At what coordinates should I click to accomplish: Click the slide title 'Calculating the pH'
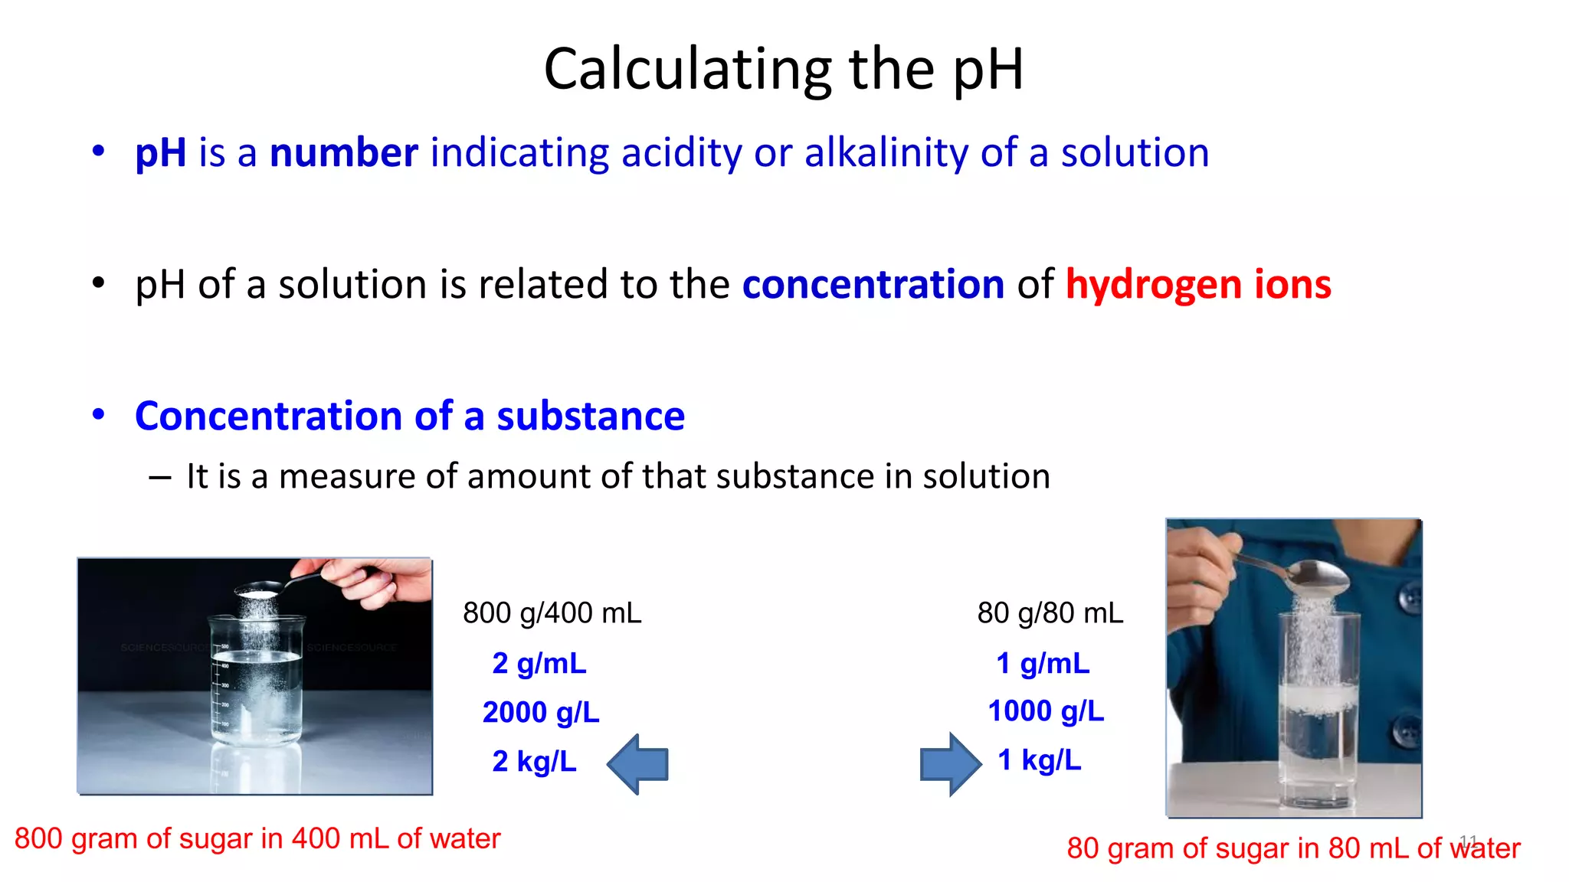coord(783,69)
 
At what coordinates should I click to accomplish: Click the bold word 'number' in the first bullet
coord(343,152)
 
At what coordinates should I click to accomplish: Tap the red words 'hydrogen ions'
coord(1198,284)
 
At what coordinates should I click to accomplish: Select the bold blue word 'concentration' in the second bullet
coord(873,284)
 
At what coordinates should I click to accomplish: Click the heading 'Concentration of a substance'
coord(409,416)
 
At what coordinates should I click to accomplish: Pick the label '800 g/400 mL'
coord(552,613)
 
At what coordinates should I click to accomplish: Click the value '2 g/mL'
coord(539,663)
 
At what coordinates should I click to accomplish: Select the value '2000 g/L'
coord(540,712)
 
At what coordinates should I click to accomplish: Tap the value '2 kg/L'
coord(534,761)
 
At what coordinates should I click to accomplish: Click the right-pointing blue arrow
coord(950,764)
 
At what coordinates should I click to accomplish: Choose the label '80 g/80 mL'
coord(1050,613)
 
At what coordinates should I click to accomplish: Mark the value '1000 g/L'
coord(1046,710)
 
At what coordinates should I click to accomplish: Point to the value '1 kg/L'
coord(1039,759)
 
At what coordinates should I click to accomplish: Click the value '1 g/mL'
coord(1042,663)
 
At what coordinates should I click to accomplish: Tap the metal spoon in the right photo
coord(1302,574)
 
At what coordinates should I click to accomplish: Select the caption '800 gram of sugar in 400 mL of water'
coord(257,838)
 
